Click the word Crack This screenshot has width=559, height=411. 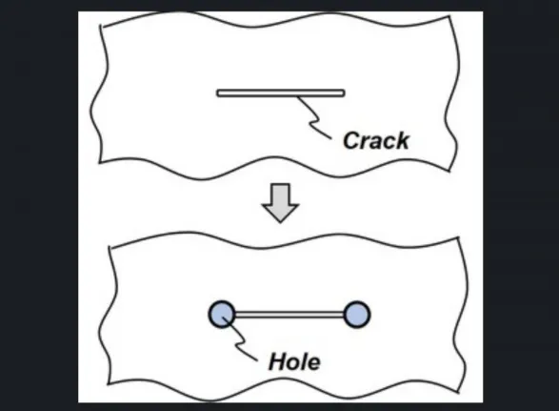coord(376,140)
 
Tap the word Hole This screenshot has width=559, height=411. coord(294,361)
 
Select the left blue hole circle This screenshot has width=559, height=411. coord(222,315)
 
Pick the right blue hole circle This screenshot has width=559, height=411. coord(357,315)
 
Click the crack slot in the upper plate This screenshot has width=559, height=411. coord(281,93)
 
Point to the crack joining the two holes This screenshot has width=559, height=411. coord(289,315)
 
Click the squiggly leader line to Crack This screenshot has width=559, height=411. coord(313,117)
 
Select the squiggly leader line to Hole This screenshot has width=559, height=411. coord(239,339)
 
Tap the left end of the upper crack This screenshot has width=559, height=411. coord(217,93)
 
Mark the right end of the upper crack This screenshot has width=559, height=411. coord(345,93)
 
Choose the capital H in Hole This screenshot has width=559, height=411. coord(278,361)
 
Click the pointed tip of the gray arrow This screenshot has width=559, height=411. coord(280,222)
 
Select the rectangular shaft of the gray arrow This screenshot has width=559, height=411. coord(280,195)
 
